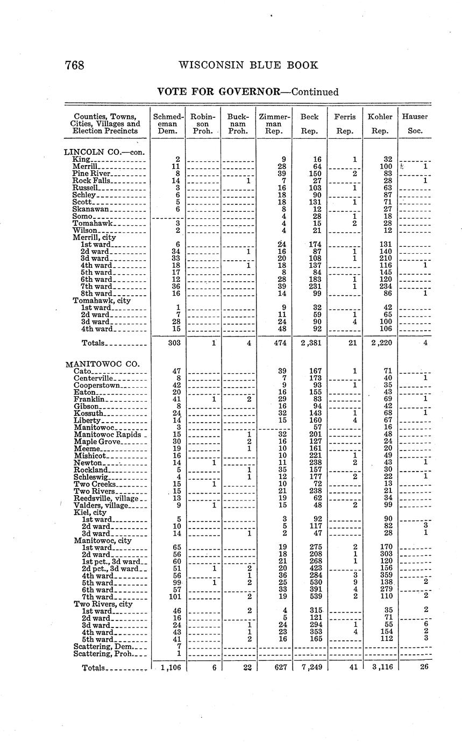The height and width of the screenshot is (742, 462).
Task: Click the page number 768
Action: pyautogui.click(x=75, y=66)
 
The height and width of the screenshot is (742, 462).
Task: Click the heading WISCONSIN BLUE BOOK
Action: pyautogui.click(x=248, y=66)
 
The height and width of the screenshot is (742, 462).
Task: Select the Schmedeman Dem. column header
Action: pyautogui.click(x=168, y=123)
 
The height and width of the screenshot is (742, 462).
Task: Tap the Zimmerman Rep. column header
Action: pyautogui.click(x=274, y=123)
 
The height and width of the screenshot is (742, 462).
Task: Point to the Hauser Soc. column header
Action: pyautogui.click(x=415, y=123)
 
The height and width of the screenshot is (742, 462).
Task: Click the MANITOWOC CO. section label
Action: pyautogui.click(x=102, y=364)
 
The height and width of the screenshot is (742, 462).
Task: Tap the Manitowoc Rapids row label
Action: pyautogui.click(x=107, y=434)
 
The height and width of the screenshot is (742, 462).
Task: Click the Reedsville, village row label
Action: pyautogui.click(x=106, y=498)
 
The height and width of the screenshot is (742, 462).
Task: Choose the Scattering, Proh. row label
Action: pyautogui.click(x=103, y=654)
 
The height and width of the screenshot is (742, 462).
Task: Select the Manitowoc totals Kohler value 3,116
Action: pyautogui.click(x=381, y=667)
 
